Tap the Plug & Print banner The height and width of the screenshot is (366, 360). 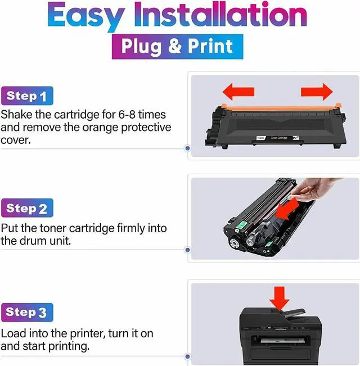pyautogui.click(x=177, y=46)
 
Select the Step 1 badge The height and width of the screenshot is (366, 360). pyautogui.click(x=26, y=96)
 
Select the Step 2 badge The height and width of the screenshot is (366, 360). pyautogui.click(x=26, y=209)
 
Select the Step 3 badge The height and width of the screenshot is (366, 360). pyautogui.click(x=26, y=312)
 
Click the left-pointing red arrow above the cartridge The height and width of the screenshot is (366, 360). pyautogui.click(x=238, y=92)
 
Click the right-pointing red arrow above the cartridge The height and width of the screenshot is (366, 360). pyautogui.click(x=316, y=92)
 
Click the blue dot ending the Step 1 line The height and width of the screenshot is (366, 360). pyautogui.click(x=187, y=149)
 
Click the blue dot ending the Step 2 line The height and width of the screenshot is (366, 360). pyautogui.click(x=187, y=250)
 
